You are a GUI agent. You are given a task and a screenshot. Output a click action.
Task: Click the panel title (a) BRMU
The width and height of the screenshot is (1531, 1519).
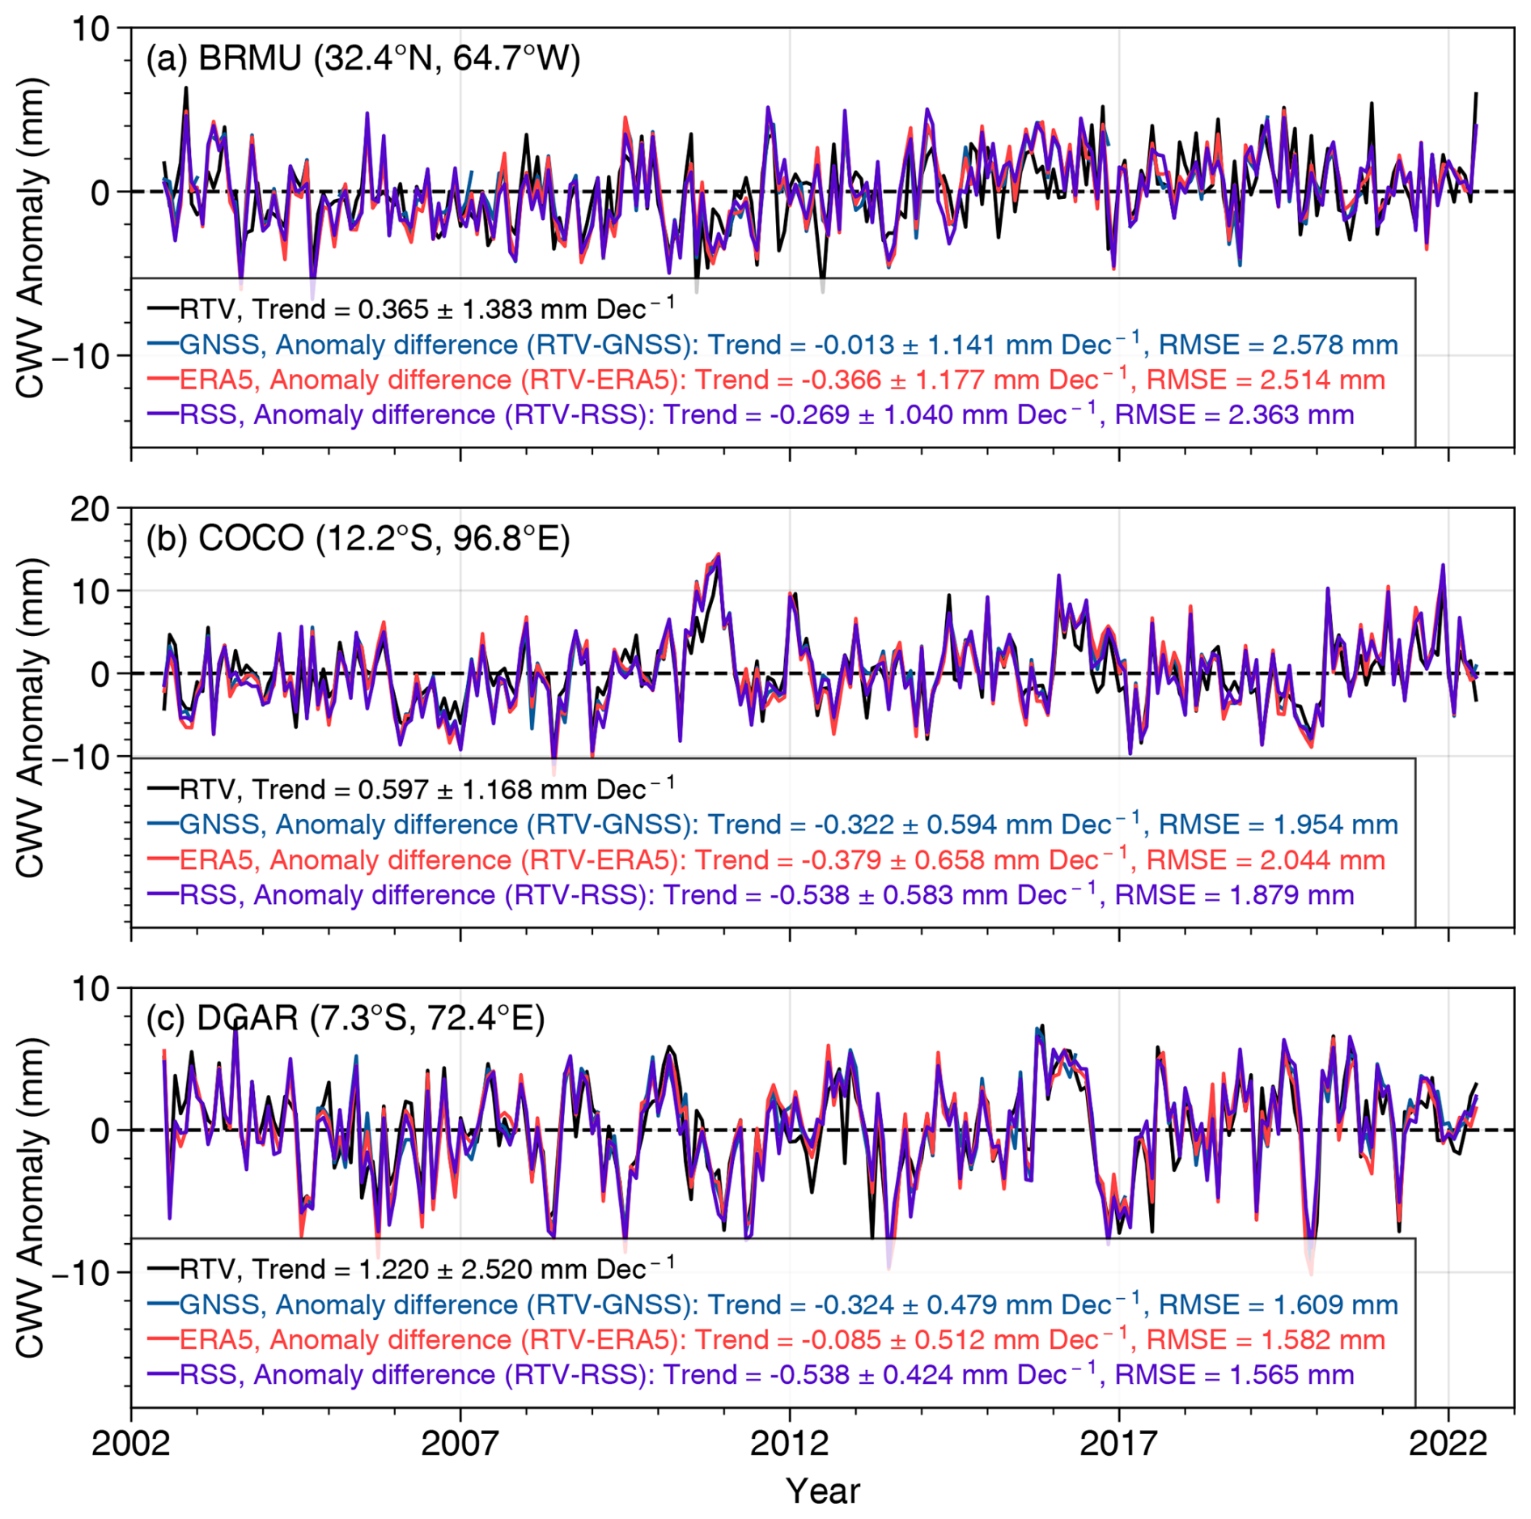pyautogui.click(x=363, y=58)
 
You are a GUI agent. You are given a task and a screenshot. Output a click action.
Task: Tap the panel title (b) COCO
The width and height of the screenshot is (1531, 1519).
pyautogui.click(x=358, y=538)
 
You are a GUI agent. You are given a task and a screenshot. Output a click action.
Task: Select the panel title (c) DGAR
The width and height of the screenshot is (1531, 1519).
pyautogui.click(x=345, y=1017)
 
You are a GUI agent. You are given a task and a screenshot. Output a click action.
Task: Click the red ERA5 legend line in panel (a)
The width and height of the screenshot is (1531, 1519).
pyautogui.click(x=163, y=379)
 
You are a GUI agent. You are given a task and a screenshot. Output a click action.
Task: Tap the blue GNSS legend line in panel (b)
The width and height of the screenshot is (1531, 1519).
pyautogui.click(x=163, y=824)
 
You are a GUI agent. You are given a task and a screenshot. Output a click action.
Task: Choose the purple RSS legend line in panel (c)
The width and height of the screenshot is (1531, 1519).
pyautogui.click(x=163, y=1374)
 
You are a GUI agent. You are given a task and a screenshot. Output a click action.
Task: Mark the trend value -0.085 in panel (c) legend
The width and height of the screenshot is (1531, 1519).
pyautogui.click(x=841, y=1339)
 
